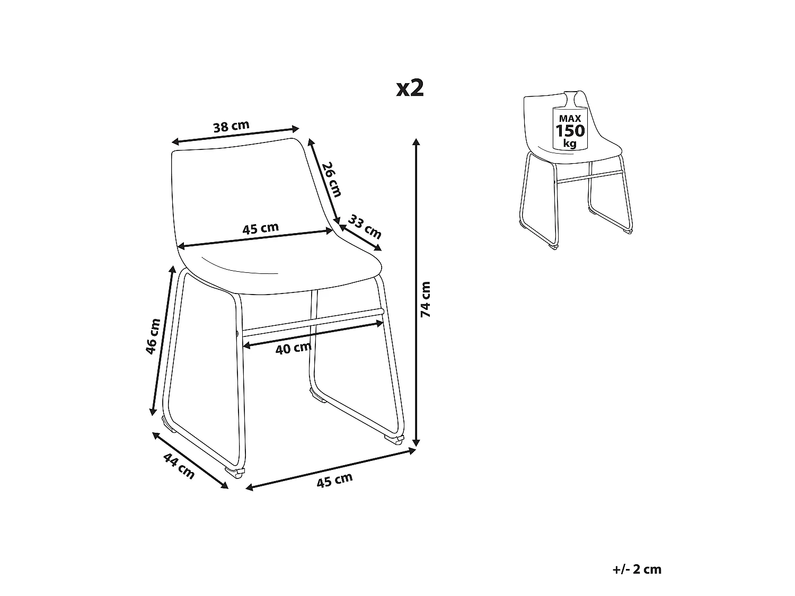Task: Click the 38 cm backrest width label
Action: (x=231, y=126)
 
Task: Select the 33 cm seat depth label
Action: (x=365, y=227)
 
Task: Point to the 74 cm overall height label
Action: (x=425, y=299)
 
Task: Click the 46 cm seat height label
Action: (x=153, y=336)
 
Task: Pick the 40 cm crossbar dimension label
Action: (x=294, y=348)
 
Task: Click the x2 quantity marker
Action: (x=410, y=88)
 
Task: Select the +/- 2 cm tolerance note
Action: (x=637, y=569)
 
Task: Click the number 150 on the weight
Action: (x=570, y=131)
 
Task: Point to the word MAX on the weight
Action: (x=570, y=118)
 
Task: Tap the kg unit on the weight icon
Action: (x=570, y=144)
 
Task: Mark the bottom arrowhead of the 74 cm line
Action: (x=416, y=443)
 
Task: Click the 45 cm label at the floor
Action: (x=334, y=480)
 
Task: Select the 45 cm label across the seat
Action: (x=260, y=228)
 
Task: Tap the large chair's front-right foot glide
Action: (x=394, y=439)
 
